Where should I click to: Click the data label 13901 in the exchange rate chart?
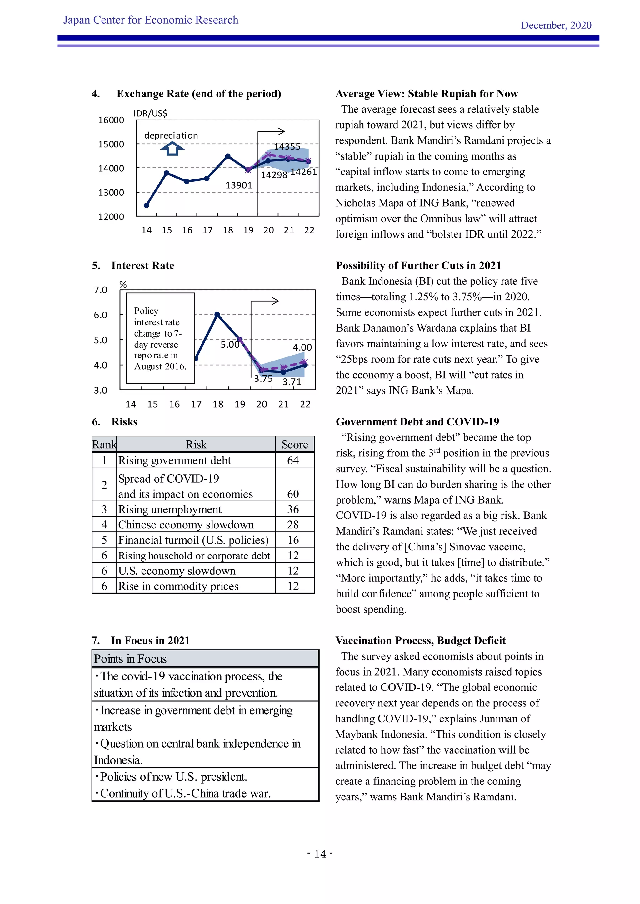tap(238, 185)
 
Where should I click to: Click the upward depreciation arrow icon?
tap(172, 149)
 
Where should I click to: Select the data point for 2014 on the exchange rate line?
tap(147, 205)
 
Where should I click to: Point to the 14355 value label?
tap(287, 146)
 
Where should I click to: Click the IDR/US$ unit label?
tap(150, 113)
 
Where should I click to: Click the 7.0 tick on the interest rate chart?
tap(101, 290)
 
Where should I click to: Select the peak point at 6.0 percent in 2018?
tap(217, 314)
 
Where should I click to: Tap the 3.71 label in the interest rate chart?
tap(292, 381)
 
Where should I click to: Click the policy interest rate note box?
tap(160, 338)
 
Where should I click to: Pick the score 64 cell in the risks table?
tap(293, 460)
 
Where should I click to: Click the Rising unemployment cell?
tap(170, 509)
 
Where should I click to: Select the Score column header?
tap(295, 445)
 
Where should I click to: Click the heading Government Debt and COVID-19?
tap(417, 422)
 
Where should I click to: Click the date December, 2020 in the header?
tap(556, 25)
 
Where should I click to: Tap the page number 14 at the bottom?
tap(320, 854)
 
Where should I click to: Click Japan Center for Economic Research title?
tap(151, 20)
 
